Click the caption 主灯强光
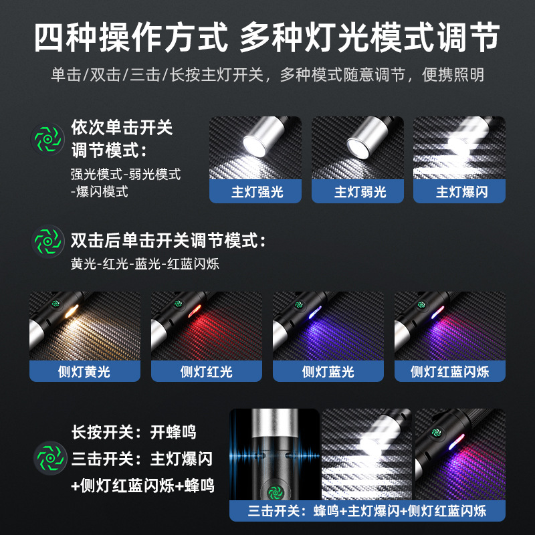[x=257, y=193]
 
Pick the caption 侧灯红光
[x=206, y=371]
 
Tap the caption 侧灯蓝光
[x=328, y=371]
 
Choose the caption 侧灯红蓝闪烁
[x=449, y=371]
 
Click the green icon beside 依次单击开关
[x=48, y=139]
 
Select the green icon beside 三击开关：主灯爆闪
[x=50, y=459]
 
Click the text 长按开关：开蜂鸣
[x=134, y=432]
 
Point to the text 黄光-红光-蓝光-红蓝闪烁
[x=144, y=264]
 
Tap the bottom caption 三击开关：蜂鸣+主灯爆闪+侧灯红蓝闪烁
[x=367, y=512]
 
